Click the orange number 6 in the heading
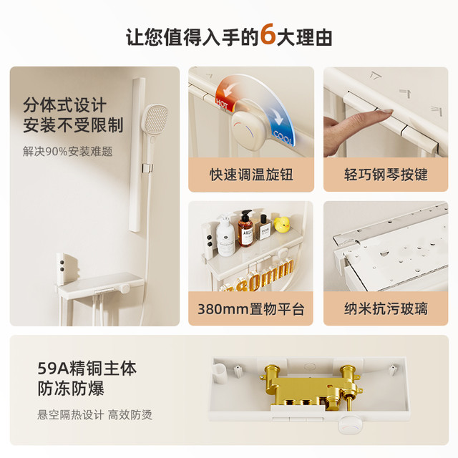click(x=268, y=35)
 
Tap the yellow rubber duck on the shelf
click(x=281, y=224)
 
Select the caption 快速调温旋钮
click(x=251, y=175)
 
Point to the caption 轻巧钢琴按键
click(x=386, y=175)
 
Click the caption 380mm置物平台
click(x=251, y=308)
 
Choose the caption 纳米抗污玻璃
click(x=386, y=308)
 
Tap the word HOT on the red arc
click(x=222, y=103)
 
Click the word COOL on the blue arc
click(x=283, y=137)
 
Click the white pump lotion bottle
click(x=225, y=236)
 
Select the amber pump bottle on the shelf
click(x=245, y=228)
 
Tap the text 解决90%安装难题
click(x=67, y=151)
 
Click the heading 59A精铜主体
click(x=87, y=369)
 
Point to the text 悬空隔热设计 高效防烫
click(x=94, y=415)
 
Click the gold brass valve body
click(x=311, y=386)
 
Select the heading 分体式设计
click(x=64, y=105)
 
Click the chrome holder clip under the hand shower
click(x=147, y=168)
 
